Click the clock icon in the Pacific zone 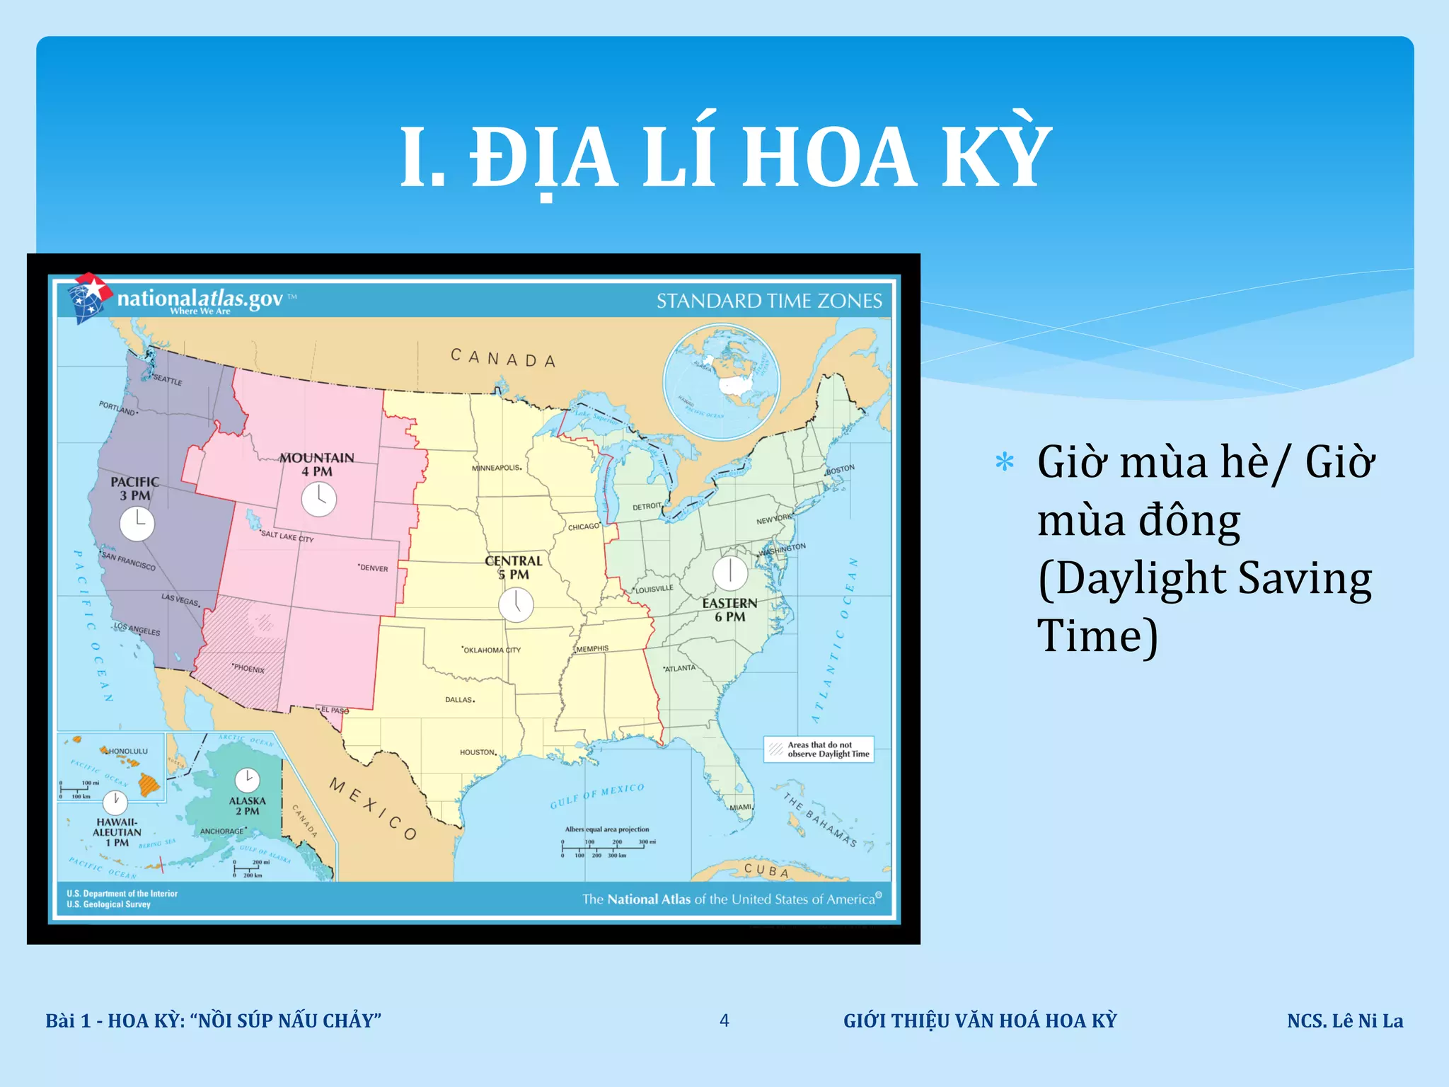(137, 524)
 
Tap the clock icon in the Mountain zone (318, 500)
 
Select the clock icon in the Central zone (516, 605)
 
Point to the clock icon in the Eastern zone (729, 573)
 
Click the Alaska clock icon (247, 780)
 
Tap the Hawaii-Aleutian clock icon (115, 803)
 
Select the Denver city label (374, 568)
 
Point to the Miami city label (741, 807)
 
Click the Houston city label (478, 752)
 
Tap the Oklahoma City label (492, 650)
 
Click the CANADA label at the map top (503, 358)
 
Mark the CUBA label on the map (766, 870)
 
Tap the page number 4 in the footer (724, 1020)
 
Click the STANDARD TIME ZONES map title (769, 301)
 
